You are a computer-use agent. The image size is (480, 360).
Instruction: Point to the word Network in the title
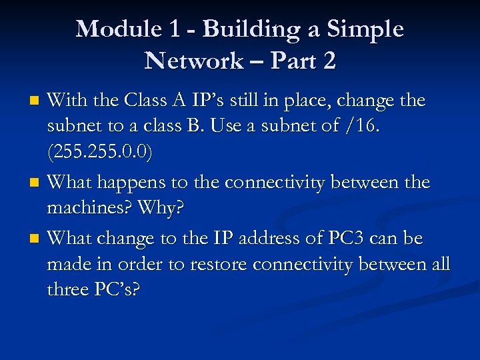193,61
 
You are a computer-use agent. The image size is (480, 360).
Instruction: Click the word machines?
89,208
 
